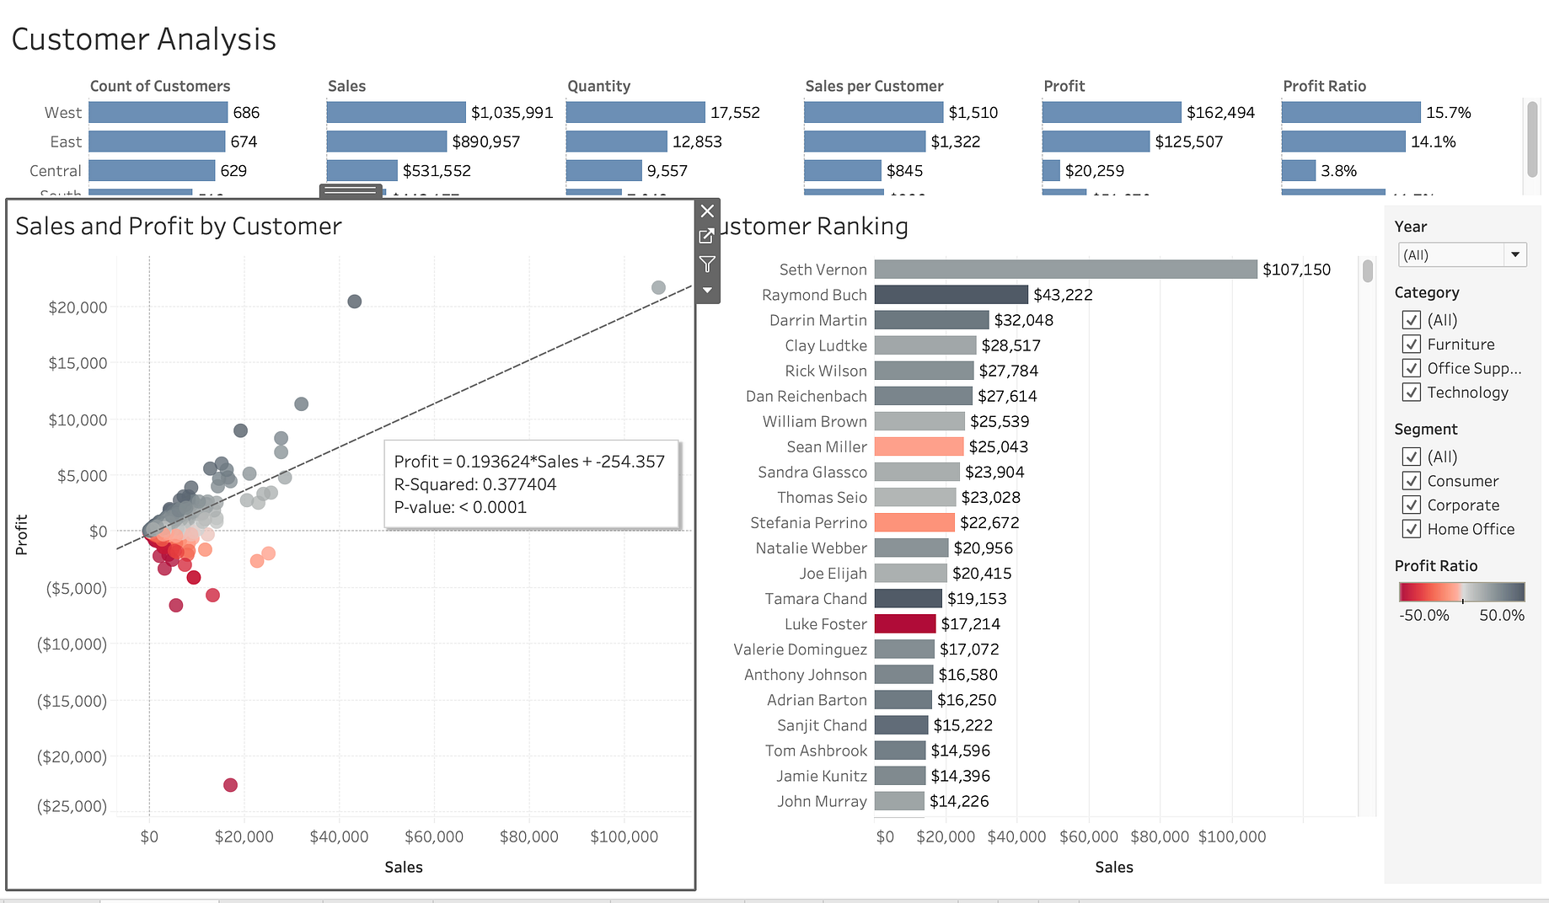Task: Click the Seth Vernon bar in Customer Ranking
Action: click(1065, 270)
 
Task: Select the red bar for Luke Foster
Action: click(905, 624)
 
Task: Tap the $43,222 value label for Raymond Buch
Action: click(1063, 295)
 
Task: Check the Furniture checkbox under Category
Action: click(1412, 345)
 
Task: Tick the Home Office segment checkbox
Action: click(1412, 529)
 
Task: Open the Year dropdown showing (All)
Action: click(1461, 255)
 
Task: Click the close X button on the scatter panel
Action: click(708, 211)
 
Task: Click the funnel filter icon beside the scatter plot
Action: click(708, 264)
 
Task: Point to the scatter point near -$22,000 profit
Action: click(230, 785)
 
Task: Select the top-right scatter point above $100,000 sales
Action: click(658, 288)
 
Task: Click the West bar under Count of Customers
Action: click(158, 113)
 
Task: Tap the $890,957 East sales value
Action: click(485, 142)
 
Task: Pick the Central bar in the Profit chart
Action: click(1051, 171)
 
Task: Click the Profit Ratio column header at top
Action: click(1324, 86)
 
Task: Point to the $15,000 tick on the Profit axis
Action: click(78, 363)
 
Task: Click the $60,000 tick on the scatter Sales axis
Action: click(434, 836)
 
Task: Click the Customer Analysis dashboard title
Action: click(144, 40)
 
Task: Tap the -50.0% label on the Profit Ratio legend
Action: click(1423, 616)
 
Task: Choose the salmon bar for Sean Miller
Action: click(919, 447)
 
